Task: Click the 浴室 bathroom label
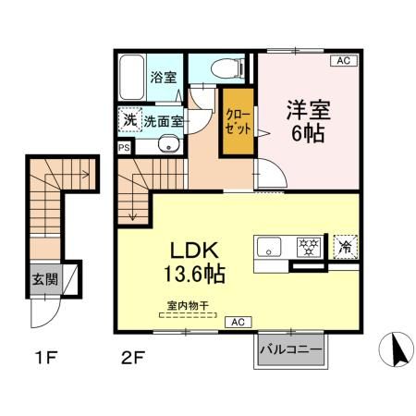pyautogui.click(x=163, y=79)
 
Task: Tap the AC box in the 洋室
pyautogui.click(x=343, y=61)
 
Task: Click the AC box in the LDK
pyautogui.click(x=236, y=322)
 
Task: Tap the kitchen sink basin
pyautogui.click(x=270, y=247)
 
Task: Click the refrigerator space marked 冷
pyautogui.click(x=345, y=247)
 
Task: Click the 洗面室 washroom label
pyautogui.click(x=163, y=120)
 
